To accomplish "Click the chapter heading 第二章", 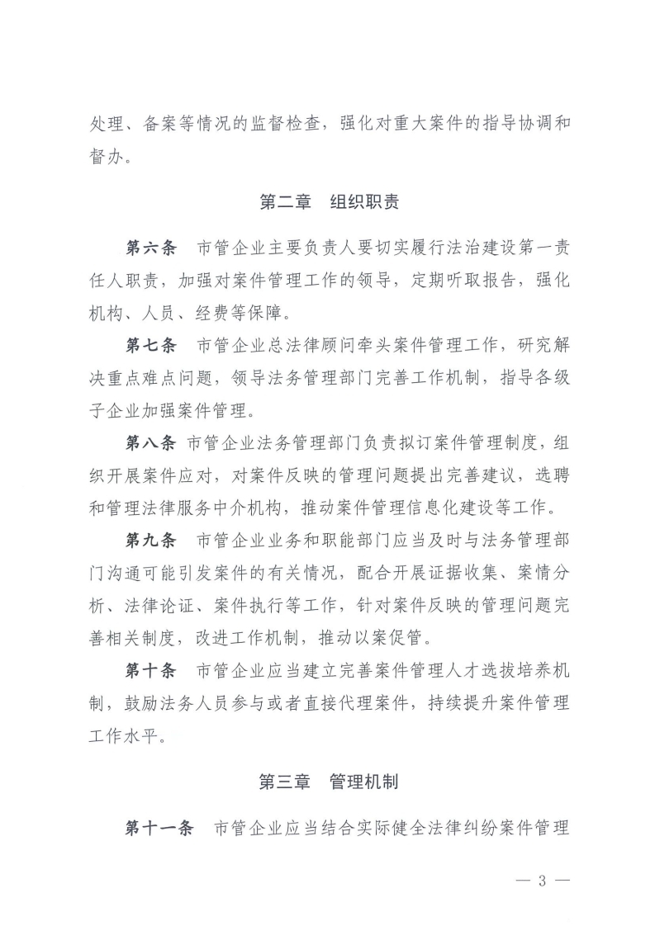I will pyautogui.click(x=283, y=201).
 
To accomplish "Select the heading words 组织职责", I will pyautogui.click(x=364, y=201).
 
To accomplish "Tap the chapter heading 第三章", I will pyautogui.click(x=283, y=782).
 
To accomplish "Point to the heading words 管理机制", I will pyautogui.click(x=364, y=782).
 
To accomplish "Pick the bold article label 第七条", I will pyautogui.click(x=150, y=344).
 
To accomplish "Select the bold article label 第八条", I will pyautogui.click(x=150, y=443).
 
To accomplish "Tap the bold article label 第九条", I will pyautogui.click(x=150, y=541).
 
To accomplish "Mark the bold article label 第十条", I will pyautogui.click(x=150, y=670).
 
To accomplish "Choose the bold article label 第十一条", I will pyautogui.click(x=159, y=828).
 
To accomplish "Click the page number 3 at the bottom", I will pyautogui.click(x=543, y=880).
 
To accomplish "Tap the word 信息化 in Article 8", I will pyautogui.click(x=435, y=508).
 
